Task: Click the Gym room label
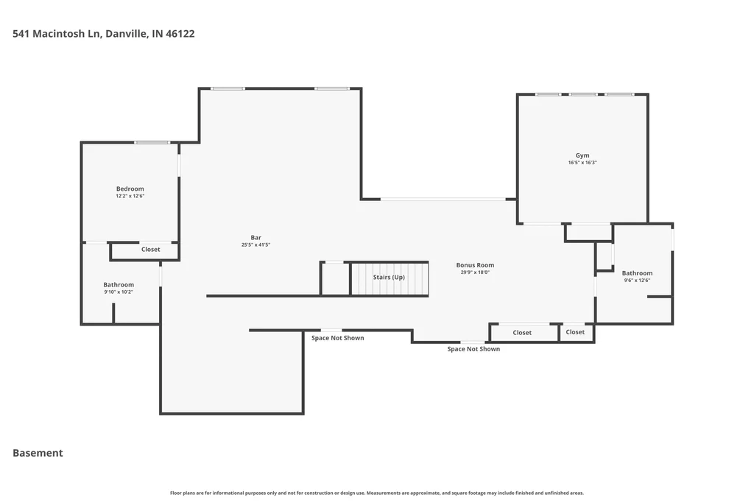[582, 155]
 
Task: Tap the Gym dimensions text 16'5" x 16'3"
[582, 163]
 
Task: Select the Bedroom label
[130, 189]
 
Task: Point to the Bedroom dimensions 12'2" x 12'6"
[130, 196]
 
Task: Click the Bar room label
[256, 238]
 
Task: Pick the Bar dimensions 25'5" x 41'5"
[256, 245]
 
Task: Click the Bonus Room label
[475, 265]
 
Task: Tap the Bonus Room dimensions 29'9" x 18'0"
[475, 272]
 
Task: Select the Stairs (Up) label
[389, 278]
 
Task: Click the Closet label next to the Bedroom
[150, 249]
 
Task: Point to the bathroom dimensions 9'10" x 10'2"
[119, 292]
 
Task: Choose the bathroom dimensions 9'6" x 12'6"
[637, 281]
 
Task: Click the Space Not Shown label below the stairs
[337, 338]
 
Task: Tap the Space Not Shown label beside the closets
[473, 349]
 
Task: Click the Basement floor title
[38, 453]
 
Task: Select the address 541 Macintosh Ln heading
[103, 34]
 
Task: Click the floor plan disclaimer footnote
[377, 493]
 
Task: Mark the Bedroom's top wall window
[152, 142]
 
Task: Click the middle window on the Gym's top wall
[583, 94]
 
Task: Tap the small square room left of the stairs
[335, 278]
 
